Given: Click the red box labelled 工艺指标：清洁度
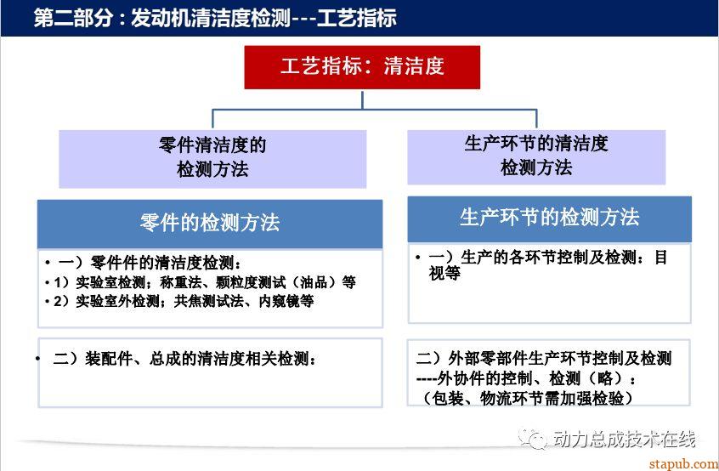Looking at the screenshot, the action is click(362, 67).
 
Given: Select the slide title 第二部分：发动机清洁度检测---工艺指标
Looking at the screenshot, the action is click(215, 19).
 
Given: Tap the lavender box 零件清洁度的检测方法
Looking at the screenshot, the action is click(212, 159).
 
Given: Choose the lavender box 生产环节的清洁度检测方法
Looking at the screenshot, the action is click(536, 156).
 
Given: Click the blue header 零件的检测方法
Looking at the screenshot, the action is click(210, 224).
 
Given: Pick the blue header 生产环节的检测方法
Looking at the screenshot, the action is click(549, 218).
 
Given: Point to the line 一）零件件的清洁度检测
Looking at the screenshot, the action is click(150, 263).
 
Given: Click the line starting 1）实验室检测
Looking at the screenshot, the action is click(205, 282).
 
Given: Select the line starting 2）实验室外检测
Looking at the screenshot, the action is click(184, 301).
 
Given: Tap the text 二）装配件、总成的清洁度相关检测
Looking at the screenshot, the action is click(184, 359).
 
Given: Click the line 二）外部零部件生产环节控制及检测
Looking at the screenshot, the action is click(544, 358).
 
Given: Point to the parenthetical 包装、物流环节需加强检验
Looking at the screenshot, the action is click(528, 398).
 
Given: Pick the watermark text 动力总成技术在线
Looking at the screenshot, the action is click(624, 440).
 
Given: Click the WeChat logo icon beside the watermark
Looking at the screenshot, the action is click(532, 440).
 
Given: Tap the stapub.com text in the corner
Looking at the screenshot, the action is click(683, 464).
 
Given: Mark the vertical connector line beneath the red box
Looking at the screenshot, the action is click(362, 100).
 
